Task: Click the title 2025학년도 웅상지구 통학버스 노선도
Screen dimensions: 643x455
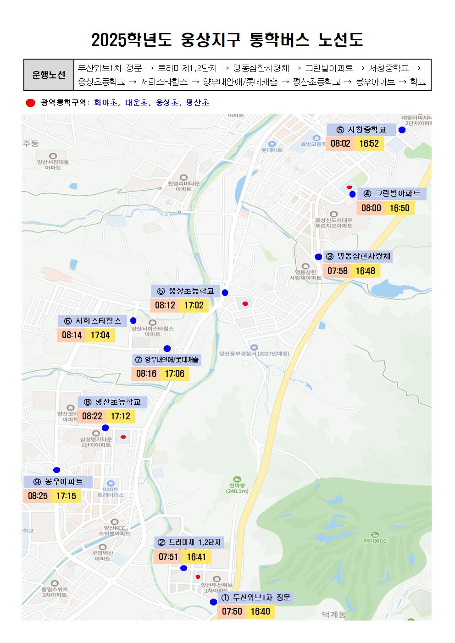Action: [227, 40]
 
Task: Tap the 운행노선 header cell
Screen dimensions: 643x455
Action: [49, 75]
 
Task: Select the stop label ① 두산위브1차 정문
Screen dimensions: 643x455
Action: [256, 598]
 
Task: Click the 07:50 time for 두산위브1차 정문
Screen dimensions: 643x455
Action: [232, 611]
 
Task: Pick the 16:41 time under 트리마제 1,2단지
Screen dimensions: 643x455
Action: [196, 557]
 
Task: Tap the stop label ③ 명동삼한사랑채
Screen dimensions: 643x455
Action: [358, 256]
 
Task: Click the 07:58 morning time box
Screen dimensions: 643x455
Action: [337, 271]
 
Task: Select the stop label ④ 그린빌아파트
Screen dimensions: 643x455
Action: [392, 193]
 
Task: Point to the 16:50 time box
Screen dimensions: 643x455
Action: [400, 208]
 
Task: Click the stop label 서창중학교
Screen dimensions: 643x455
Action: [361, 130]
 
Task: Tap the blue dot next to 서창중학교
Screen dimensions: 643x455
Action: [402, 130]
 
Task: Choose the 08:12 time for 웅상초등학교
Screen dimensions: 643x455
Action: [165, 305]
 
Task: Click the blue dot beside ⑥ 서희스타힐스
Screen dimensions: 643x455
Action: [133, 320]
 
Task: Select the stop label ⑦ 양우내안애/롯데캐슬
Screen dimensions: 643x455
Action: [167, 360]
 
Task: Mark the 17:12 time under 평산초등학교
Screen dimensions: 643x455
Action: [121, 416]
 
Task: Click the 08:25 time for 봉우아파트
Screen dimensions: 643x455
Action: [38, 496]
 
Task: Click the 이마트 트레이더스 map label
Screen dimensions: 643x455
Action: [111, 492]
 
